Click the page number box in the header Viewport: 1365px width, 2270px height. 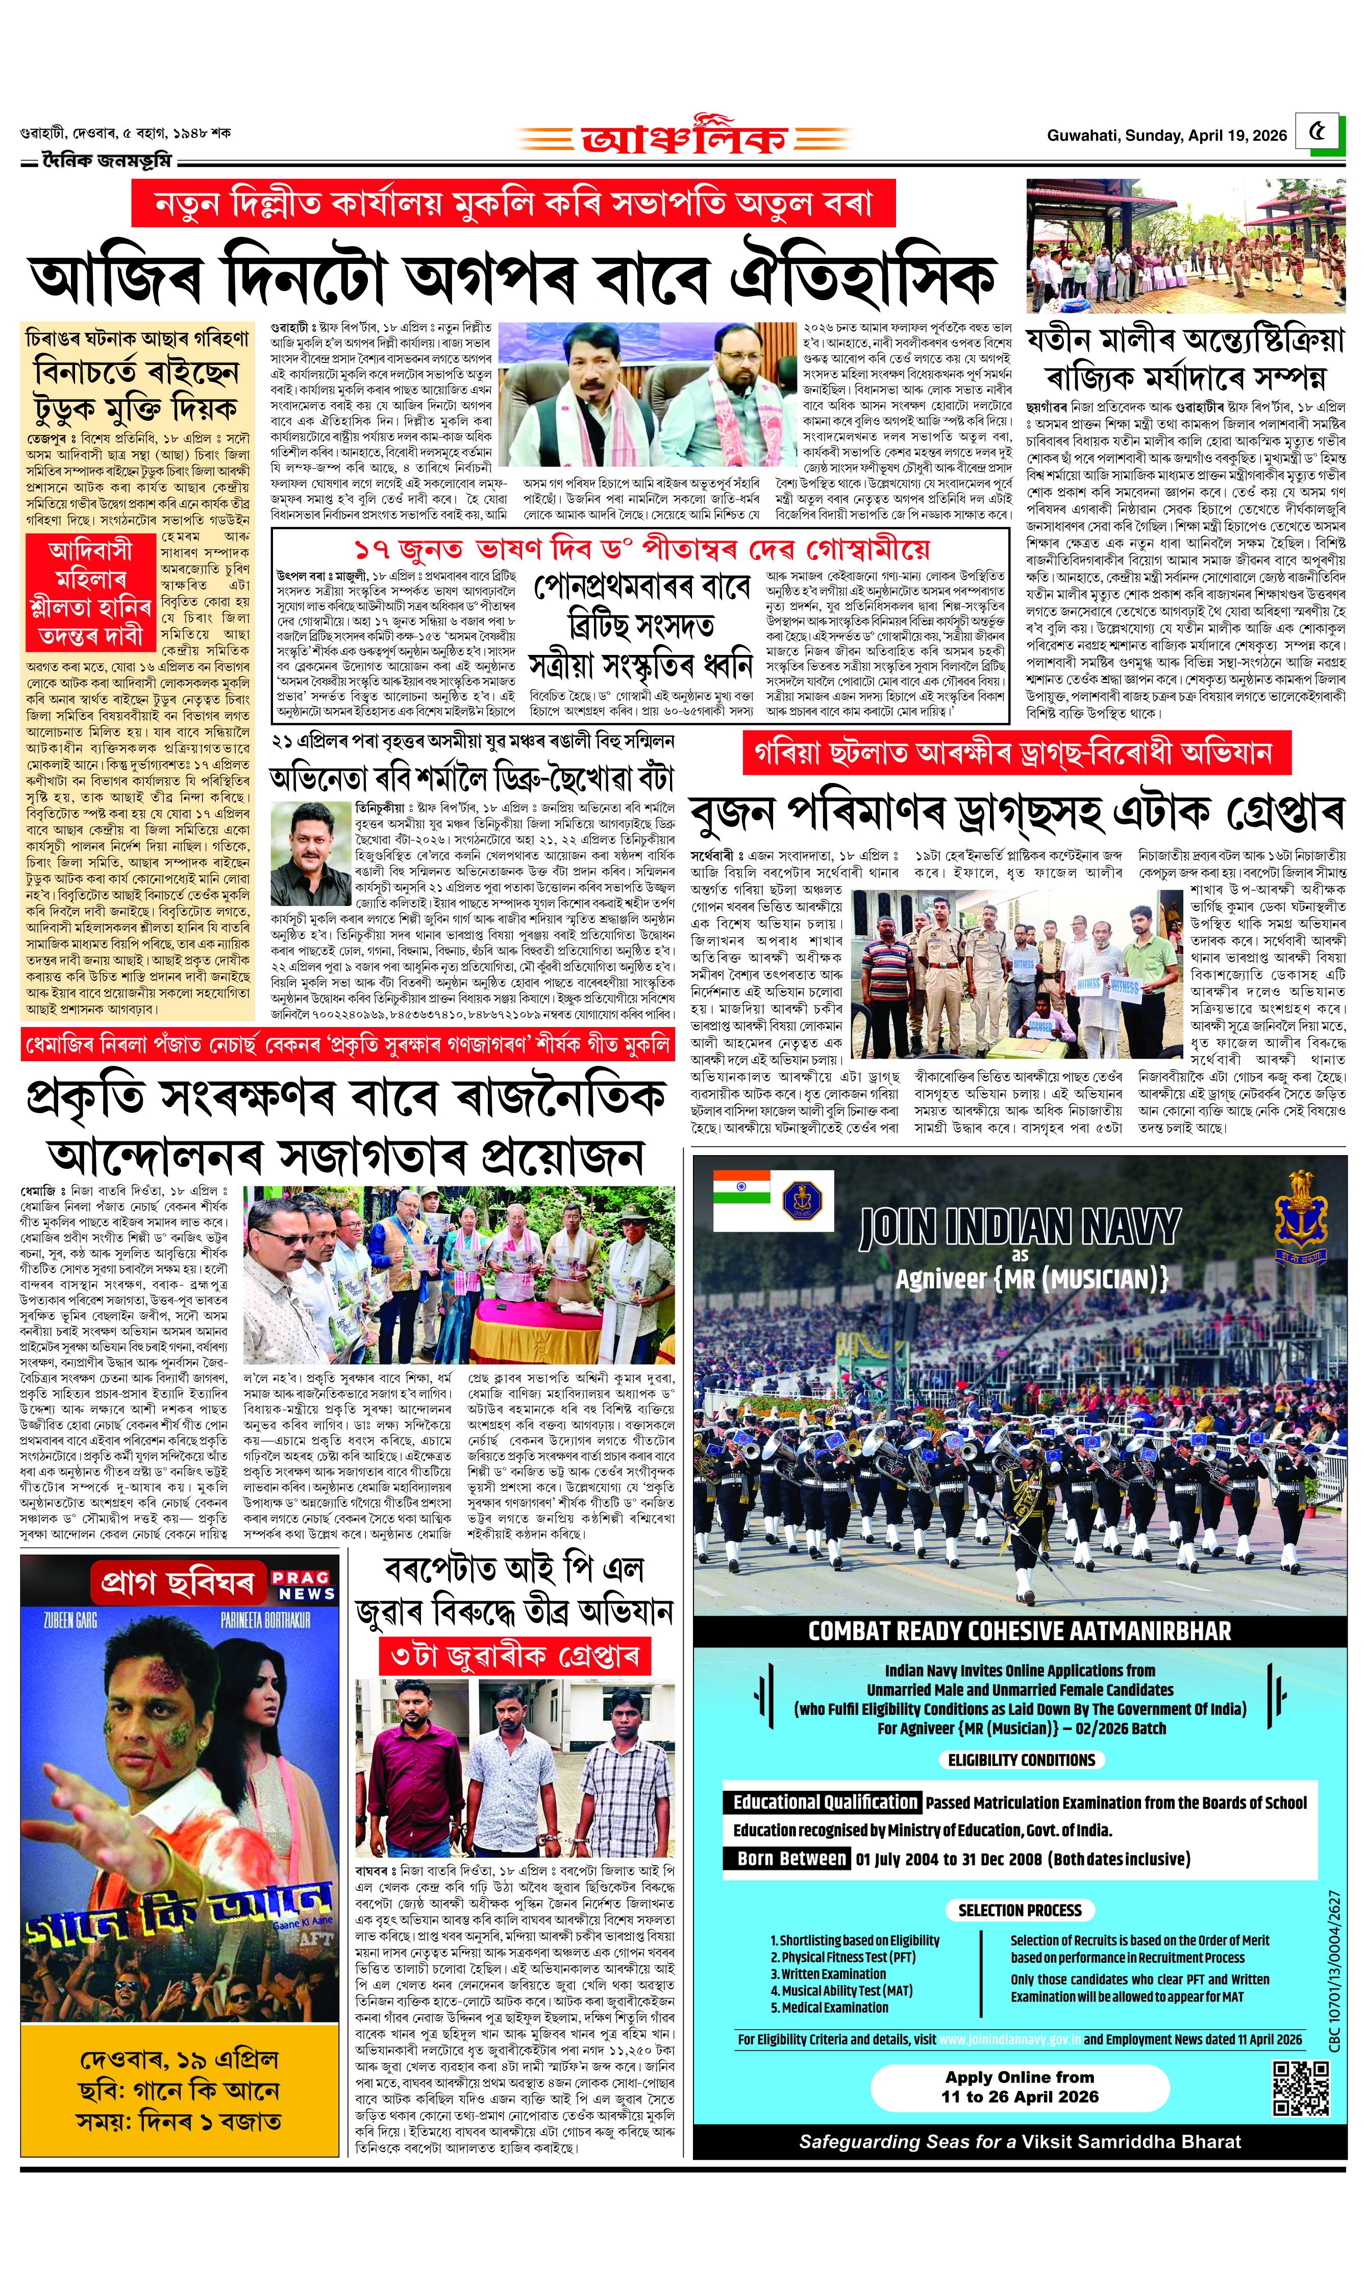[1318, 132]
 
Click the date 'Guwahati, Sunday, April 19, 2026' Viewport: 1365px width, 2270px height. [1167, 135]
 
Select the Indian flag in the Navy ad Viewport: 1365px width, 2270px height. [741, 1187]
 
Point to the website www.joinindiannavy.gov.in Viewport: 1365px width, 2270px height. [1009, 2039]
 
